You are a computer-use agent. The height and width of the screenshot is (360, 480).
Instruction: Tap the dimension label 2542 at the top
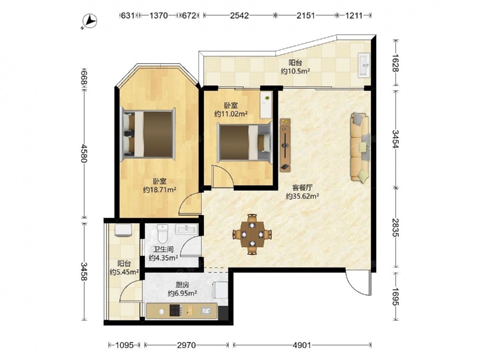[x=240, y=15]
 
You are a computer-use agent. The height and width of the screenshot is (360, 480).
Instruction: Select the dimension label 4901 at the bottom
[x=302, y=345]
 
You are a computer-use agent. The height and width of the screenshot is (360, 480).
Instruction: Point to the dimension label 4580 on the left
[x=84, y=154]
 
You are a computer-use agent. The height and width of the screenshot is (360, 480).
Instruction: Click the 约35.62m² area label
[x=302, y=196]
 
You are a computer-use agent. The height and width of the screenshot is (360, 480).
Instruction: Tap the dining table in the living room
[x=252, y=235]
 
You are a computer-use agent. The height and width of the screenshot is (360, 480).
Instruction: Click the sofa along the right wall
[x=360, y=147]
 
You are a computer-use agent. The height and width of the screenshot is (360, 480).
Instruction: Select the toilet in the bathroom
[x=162, y=233]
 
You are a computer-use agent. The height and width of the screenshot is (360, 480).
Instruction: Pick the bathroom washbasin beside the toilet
[x=187, y=229]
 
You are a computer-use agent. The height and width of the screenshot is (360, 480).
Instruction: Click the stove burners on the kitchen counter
[x=175, y=311]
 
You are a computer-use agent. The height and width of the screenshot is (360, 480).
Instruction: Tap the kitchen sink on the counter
[x=206, y=311]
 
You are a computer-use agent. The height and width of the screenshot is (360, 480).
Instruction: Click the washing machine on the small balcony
[x=123, y=230]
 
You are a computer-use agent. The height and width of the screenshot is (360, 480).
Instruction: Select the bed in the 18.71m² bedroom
[x=148, y=134]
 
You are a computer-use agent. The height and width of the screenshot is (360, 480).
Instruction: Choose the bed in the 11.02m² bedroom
[x=245, y=143]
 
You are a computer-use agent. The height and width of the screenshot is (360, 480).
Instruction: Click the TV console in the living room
[x=285, y=145]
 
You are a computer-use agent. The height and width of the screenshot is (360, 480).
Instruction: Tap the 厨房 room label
[x=182, y=285]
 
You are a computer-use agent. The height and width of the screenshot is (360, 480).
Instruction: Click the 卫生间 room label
[x=164, y=250]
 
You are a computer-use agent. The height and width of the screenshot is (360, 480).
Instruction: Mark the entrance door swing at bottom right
[x=359, y=283]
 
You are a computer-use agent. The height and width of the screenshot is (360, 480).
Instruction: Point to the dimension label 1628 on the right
[x=396, y=63]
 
